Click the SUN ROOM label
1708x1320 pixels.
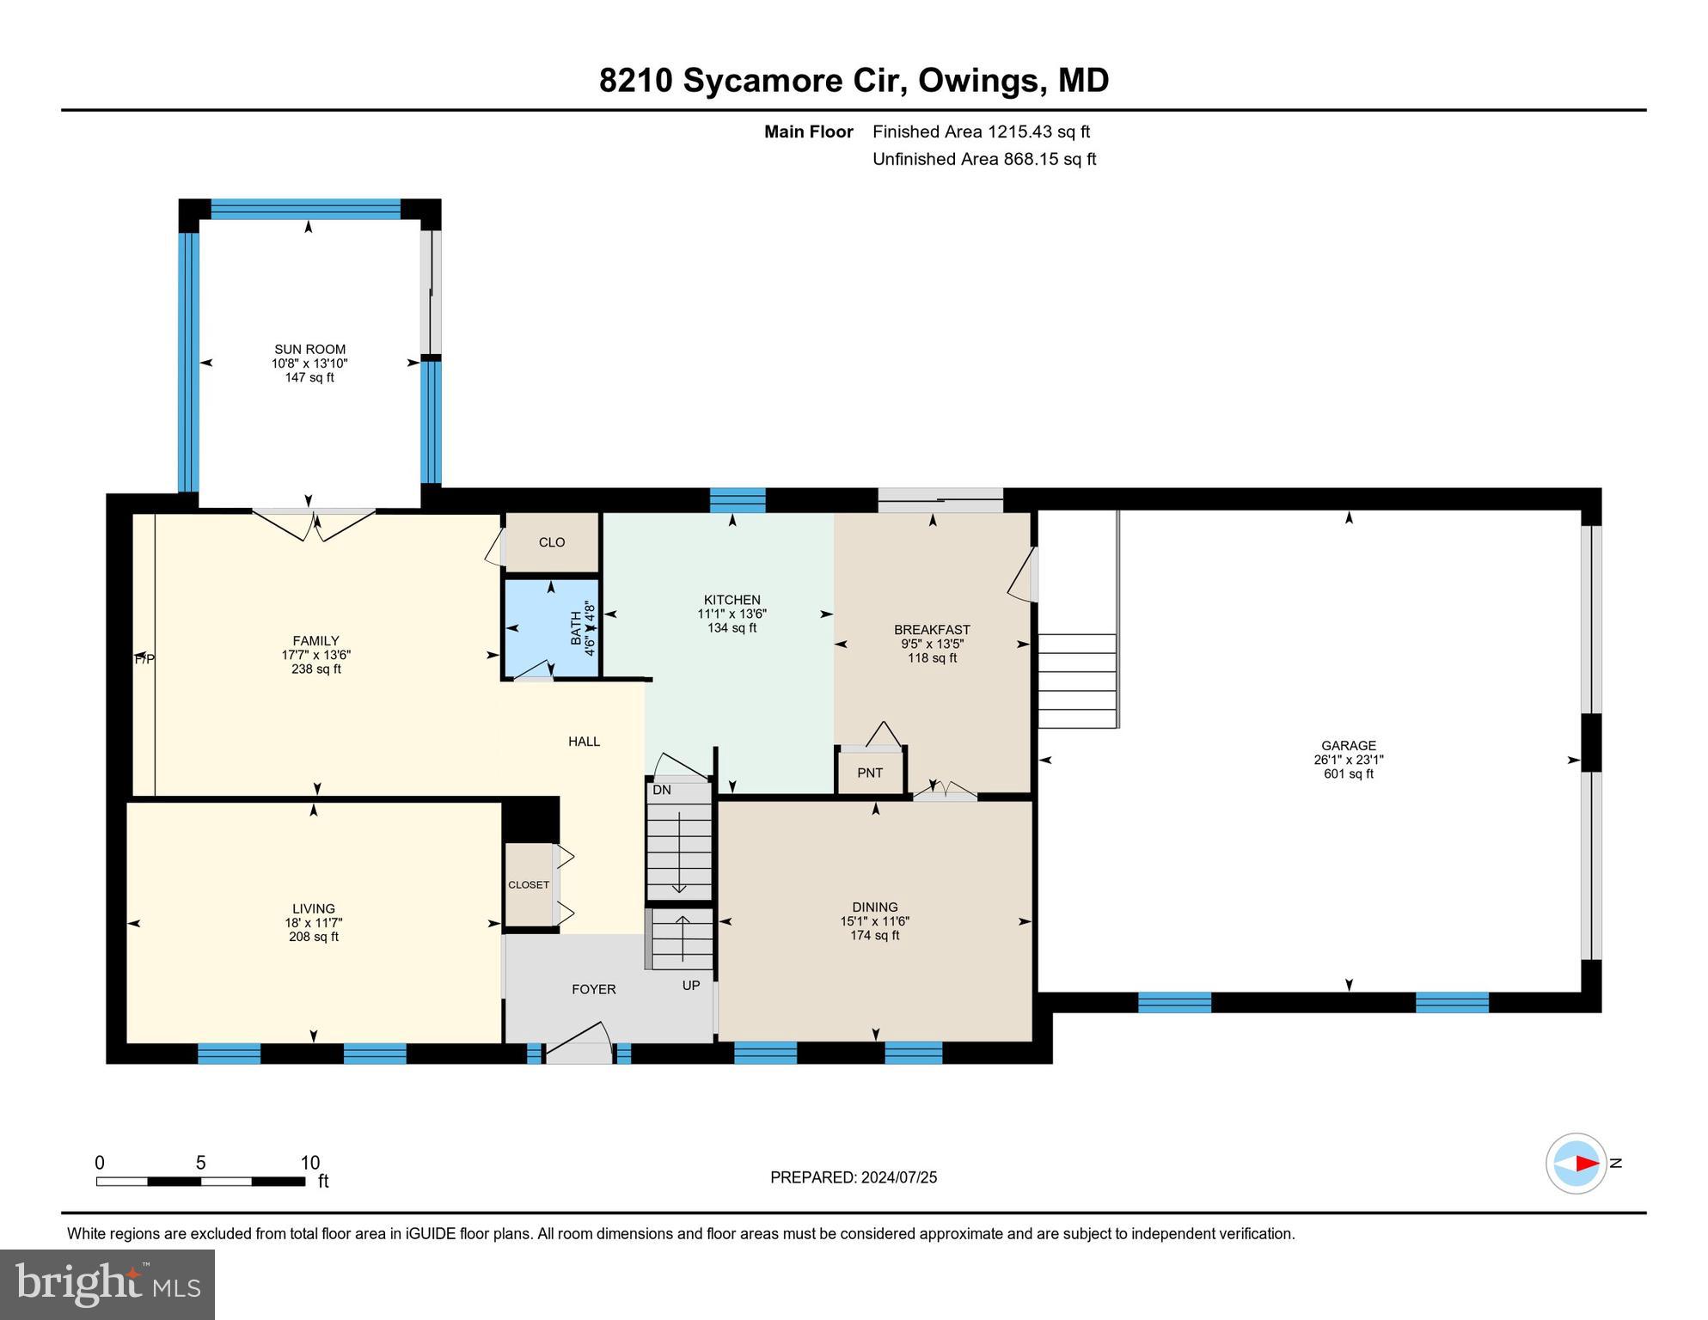[309, 349]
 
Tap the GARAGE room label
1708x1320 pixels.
[1348, 746]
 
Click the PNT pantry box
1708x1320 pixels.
[870, 773]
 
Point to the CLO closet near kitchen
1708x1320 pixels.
[552, 542]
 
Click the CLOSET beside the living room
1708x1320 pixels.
[528, 885]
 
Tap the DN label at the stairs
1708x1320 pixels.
[661, 790]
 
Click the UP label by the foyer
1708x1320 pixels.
[691, 986]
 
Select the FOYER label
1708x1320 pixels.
[593, 989]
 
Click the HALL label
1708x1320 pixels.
[584, 742]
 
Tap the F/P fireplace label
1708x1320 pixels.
[144, 659]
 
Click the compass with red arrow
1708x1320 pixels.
[1576, 1163]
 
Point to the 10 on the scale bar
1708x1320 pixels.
[309, 1163]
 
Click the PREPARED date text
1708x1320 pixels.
[853, 1177]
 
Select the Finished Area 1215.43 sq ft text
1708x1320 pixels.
[981, 131]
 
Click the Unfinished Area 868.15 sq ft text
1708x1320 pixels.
[983, 159]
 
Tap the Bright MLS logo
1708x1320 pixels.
[107, 1284]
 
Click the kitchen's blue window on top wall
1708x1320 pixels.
[737, 500]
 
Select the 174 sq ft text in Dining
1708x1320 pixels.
[874, 935]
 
